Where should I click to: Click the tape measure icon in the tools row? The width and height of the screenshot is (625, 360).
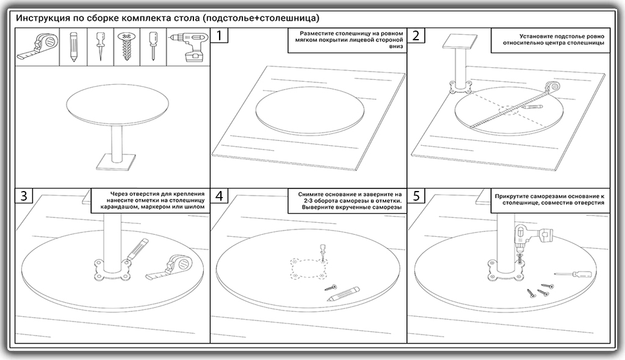pos(36,47)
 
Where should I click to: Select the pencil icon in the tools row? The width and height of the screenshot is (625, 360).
pos(73,47)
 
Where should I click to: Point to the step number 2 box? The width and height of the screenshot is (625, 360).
pos(416,35)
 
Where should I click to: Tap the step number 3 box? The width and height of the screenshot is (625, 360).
pos(23,196)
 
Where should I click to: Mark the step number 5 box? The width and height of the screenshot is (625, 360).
pos(416,196)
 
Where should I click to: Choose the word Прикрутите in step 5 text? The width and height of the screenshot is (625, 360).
pos(516,196)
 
